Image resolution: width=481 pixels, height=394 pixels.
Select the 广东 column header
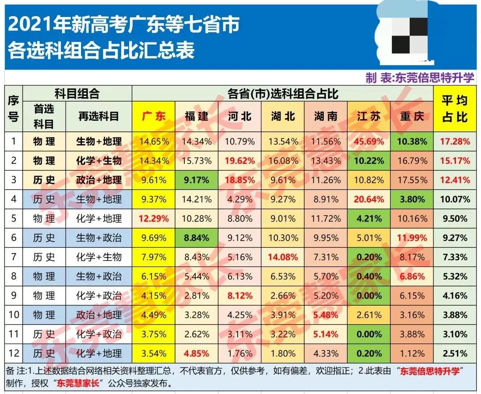click(154, 116)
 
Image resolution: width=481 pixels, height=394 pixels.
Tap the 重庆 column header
click(412, 116)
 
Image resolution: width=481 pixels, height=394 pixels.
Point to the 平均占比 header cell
click(455, 109)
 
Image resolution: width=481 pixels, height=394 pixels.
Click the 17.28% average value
click(455, 142)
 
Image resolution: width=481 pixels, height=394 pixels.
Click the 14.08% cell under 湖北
click(284, 257)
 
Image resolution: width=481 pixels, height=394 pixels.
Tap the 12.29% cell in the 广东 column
click(154, 219)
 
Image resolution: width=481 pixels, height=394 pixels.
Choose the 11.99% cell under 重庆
click(412, 238)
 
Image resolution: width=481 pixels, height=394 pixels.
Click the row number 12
click(13, 353)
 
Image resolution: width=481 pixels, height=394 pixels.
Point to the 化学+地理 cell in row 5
click(99, 219)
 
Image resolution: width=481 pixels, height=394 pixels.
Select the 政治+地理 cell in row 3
click(99, 180)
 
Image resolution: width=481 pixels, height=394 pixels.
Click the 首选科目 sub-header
click(44, 116)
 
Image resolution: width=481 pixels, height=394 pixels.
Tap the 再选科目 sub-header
click(99, 116)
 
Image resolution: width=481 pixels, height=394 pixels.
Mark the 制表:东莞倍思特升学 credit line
click(420, 78)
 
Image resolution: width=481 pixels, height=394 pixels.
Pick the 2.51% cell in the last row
click(455, 353)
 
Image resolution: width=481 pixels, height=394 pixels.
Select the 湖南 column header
click(326, 116)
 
